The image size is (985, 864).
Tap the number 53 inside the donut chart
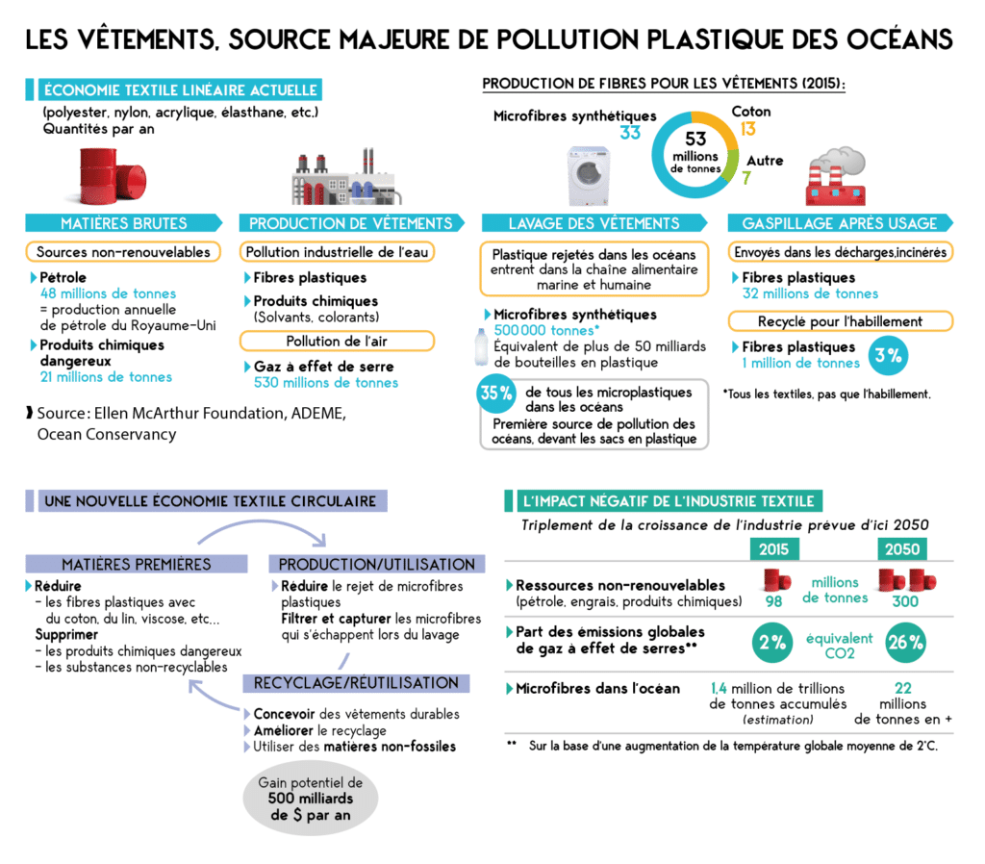695,139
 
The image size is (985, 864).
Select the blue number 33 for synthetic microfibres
630,134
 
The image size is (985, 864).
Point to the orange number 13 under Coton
748,129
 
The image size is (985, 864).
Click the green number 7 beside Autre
746,178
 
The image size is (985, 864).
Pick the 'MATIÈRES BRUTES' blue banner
125,223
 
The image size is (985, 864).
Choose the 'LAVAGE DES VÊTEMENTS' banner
594,223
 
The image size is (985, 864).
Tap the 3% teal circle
887,355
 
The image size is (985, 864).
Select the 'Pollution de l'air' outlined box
338,341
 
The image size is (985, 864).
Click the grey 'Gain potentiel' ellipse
305,799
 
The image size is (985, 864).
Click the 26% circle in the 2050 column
904,643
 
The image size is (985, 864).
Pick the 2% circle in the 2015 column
772,643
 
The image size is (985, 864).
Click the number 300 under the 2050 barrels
903,602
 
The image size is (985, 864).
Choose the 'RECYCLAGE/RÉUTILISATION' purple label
356,683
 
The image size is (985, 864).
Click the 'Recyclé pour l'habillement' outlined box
841,321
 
